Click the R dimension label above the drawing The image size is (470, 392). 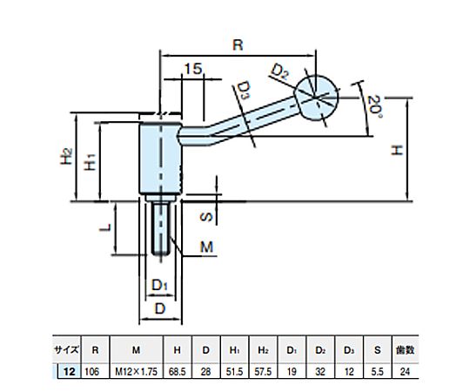click(x=238, y=45)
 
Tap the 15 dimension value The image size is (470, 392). click(x=193, y=69)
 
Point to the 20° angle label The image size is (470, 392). click(x=374, y=107)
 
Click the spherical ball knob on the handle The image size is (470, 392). click(x=317, y=98)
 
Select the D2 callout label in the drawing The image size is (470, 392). click(x=280, y=72)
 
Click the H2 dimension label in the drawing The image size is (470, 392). click(x=66, y=157)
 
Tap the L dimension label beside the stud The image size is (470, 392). click(x=105, y=228)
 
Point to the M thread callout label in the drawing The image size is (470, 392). click(x=207, y=247)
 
